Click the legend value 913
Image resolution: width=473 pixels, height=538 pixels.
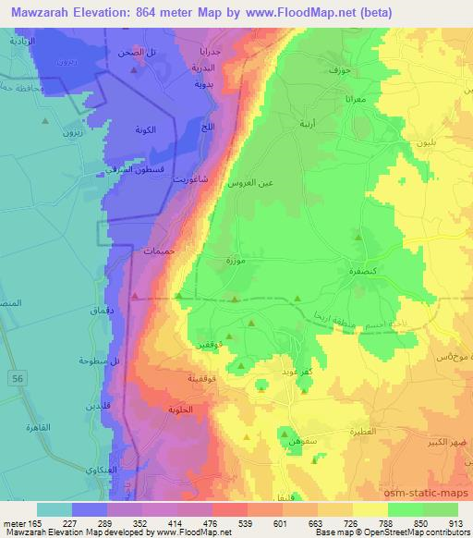454,522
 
